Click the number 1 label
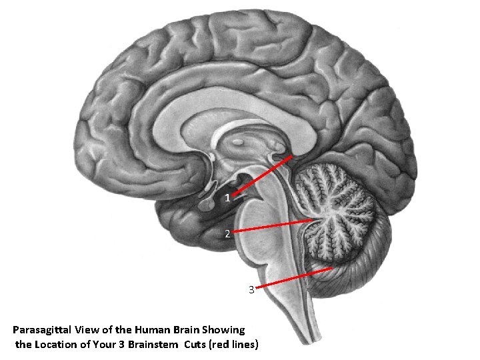pyautogui.click(x=227, y=198)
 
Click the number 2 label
pyautogui.click(x=227, y=234)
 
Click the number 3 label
pyautogui.click(x=251, y=290)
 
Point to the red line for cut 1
pyautogui.click(x=263, y=175)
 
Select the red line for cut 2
pyautogui.click(x=273, y=226)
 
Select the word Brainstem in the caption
pyautogui.click(x=151, y=345)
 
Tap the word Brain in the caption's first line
pyautogui.click(x=185, y=330)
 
